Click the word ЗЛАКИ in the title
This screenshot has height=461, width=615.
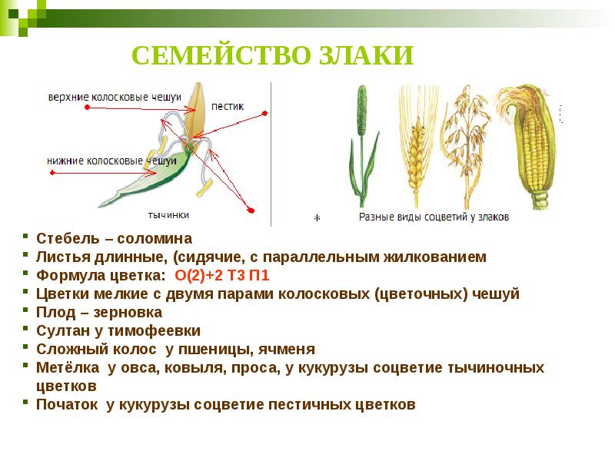click(361, 55)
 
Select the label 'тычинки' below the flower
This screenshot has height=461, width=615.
click(168, 215)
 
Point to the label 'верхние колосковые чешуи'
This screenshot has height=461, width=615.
click(115, 98)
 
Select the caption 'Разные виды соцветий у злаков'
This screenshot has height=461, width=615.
click(434, 217)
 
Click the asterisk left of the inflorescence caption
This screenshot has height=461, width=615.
click(316, 218)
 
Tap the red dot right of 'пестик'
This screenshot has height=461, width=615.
click(264, 114)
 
